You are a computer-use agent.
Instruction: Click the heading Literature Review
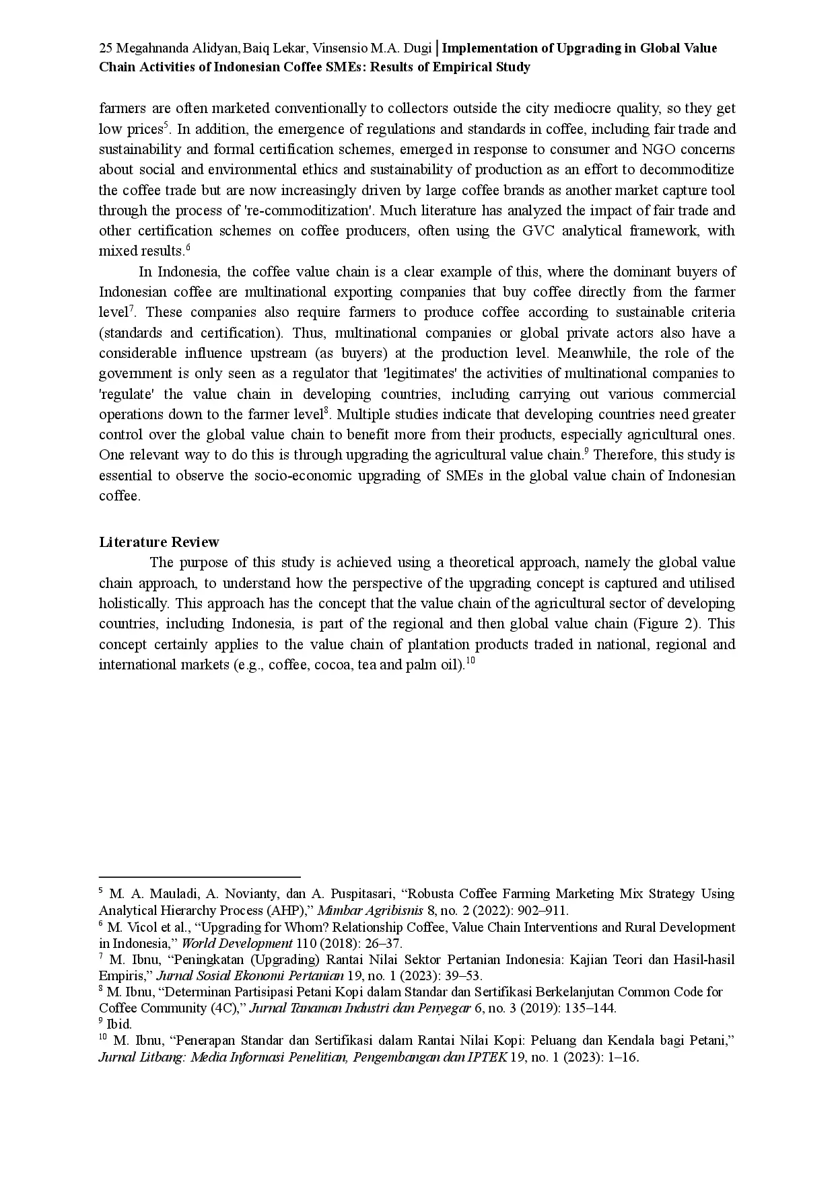point(159,542)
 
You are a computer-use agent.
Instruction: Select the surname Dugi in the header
point(416,48)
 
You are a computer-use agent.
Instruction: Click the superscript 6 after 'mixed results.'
point(188,248)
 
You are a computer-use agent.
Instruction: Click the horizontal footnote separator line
point(199,877)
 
